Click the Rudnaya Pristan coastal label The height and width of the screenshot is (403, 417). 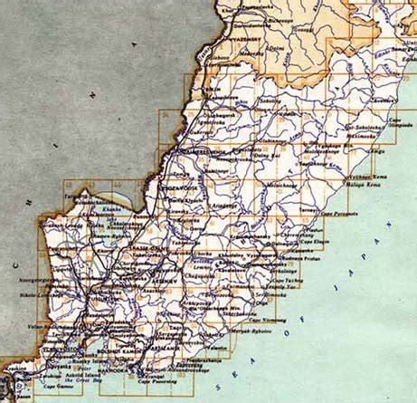coord(303,256)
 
